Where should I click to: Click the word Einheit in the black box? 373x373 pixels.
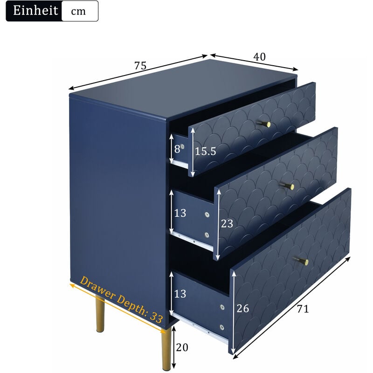pos(36,11)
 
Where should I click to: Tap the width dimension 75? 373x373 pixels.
pos(140,66)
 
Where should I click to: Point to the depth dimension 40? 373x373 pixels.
pos(259,56)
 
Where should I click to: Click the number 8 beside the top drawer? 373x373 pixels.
pos(177,149)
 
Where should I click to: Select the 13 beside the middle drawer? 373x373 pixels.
pos(180,213)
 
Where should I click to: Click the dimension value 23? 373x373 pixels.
pos(227,224)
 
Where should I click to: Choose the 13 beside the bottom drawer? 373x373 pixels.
pos(180,294)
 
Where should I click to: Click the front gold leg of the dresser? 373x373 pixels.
pos(166,350)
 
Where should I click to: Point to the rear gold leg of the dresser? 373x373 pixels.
pos(100,315)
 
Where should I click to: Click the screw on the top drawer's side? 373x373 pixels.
pos(182,146)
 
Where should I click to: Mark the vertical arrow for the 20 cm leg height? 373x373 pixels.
pos(173,347)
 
